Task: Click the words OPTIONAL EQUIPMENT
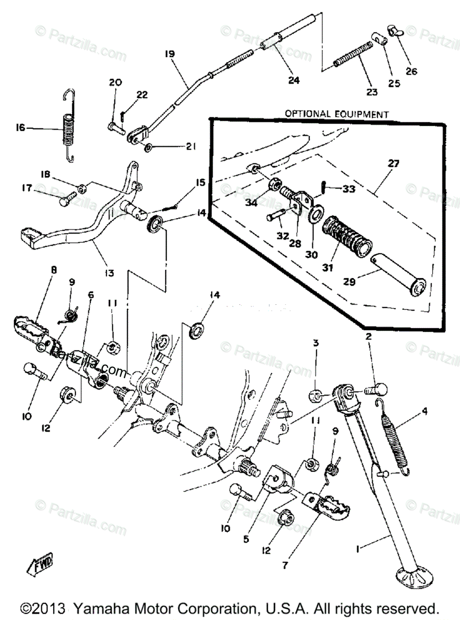[336, 114]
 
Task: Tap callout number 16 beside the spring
[20, 128]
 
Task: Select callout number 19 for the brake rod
[170, 54]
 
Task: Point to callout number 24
[294, 80]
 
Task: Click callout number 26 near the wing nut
[411, 71]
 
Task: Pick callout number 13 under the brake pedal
[109, 272]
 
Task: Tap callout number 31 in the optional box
[328, 268]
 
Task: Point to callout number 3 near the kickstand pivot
[315, 343]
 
